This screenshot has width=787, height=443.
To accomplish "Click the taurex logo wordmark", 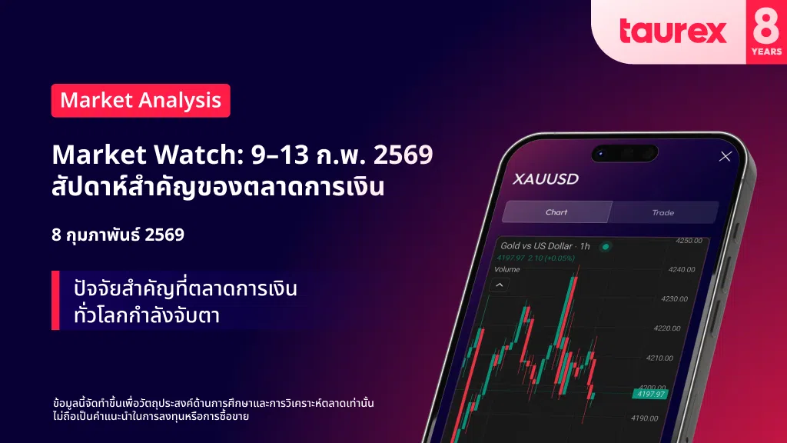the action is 673,31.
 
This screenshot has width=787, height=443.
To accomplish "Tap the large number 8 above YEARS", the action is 766,25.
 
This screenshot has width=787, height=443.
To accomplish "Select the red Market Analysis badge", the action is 141,101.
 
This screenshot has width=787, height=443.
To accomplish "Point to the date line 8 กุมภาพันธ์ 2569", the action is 118,235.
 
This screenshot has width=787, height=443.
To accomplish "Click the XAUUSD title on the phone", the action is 546,178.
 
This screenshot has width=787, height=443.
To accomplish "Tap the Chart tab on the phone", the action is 556,212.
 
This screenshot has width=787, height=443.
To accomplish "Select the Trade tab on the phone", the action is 663,212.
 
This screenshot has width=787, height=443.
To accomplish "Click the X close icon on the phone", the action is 726,156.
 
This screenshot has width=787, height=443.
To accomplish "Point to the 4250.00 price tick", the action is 689,241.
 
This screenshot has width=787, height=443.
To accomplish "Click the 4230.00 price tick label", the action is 674,299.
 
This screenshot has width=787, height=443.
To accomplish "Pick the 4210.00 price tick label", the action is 659,358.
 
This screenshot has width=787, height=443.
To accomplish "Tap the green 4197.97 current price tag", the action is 650,394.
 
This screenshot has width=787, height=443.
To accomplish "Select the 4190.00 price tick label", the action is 645,418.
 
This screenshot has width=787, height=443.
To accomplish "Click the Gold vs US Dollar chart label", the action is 536,245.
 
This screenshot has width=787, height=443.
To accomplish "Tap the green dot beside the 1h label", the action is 606,247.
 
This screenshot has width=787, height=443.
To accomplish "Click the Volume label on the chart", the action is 507,269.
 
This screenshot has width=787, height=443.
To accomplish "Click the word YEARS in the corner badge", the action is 766,52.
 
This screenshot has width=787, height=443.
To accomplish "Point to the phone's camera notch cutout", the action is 625,153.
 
